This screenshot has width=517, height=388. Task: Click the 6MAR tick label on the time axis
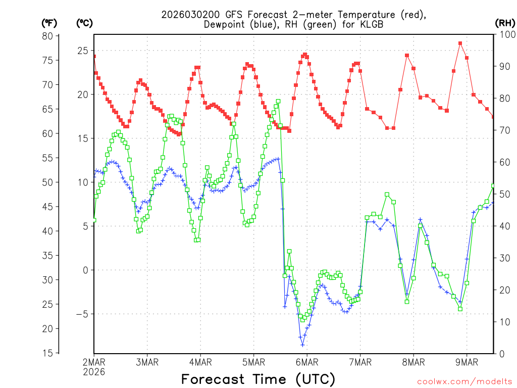point(307,362)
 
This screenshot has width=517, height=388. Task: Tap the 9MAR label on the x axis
point(467,362)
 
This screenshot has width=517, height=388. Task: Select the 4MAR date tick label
point(200,362)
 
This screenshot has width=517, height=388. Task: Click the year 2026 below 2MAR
point(94,372)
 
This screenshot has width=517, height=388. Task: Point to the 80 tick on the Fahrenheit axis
point(47,36)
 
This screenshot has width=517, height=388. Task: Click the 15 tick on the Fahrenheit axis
point(47,353)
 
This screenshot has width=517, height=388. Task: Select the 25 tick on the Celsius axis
point(82,51)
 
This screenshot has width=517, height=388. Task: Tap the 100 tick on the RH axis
point(505,35)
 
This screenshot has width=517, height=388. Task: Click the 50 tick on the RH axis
point(503,195)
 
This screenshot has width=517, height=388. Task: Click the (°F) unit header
point(49,23)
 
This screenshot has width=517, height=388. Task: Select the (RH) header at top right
point(505,23)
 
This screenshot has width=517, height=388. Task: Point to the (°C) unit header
point(84,23)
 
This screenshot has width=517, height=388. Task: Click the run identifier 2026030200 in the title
point(187,15)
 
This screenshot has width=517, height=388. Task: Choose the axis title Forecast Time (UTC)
point(258,379)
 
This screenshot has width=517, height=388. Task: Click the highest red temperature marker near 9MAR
point(460,43)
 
